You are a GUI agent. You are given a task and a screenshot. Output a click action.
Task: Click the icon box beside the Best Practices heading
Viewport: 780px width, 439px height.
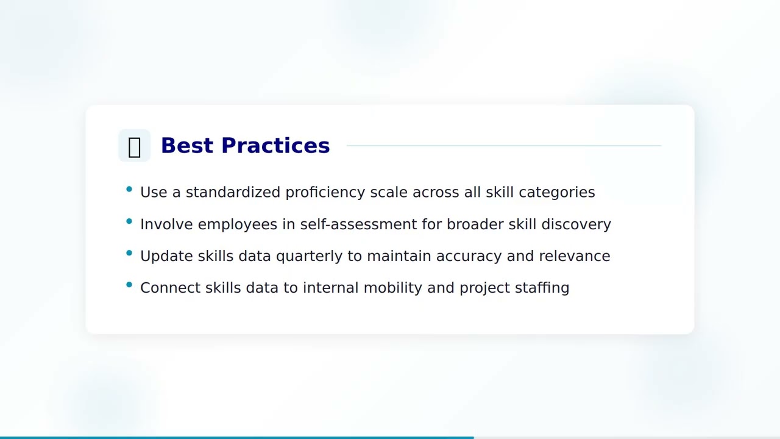pyautogui.click(x=134, y=146)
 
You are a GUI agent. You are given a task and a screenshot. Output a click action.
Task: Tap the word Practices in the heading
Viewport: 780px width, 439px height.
pyautogui.click(x=275, y=146)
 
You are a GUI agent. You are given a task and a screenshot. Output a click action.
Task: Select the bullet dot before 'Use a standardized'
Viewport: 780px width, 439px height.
pyautogui.click(x=129, y=190)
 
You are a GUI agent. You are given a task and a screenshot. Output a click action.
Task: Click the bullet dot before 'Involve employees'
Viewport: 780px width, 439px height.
pyautogui.click(x=129, y=221)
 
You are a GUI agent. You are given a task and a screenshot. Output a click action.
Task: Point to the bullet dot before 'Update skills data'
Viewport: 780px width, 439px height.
pyautogui.click(x=129, y=253)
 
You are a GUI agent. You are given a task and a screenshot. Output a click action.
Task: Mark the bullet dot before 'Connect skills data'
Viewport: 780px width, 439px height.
pyautogui.click(x=129, y=285)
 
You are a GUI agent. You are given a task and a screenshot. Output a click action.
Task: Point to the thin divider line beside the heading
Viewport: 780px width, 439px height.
pyautogui.click(x=503, y=146)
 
